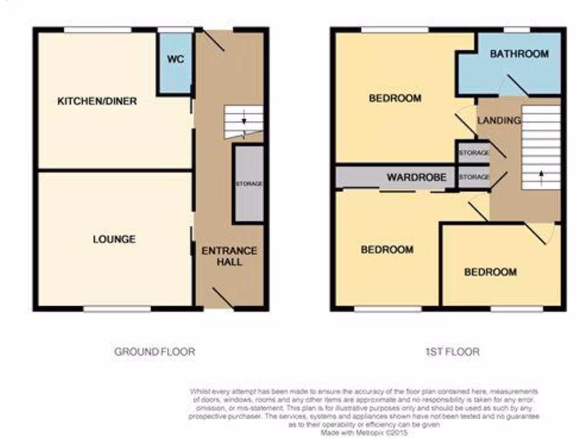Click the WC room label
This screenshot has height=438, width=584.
176,59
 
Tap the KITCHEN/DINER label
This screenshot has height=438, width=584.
97,102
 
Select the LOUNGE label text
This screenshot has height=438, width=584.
114,239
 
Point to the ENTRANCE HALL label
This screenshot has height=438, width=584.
229,256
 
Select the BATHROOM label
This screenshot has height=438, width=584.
519,54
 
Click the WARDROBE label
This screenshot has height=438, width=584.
416,177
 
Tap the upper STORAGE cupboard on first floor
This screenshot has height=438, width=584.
474,153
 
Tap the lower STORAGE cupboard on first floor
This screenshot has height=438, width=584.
474,177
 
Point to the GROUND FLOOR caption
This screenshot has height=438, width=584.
155,352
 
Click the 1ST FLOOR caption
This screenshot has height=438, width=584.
452,352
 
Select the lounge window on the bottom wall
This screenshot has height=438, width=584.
117,309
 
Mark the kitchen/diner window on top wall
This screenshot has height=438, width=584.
98,30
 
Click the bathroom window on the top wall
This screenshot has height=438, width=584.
517,30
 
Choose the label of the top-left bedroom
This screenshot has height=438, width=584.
395,98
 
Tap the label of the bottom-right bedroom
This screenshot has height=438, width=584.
490,272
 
